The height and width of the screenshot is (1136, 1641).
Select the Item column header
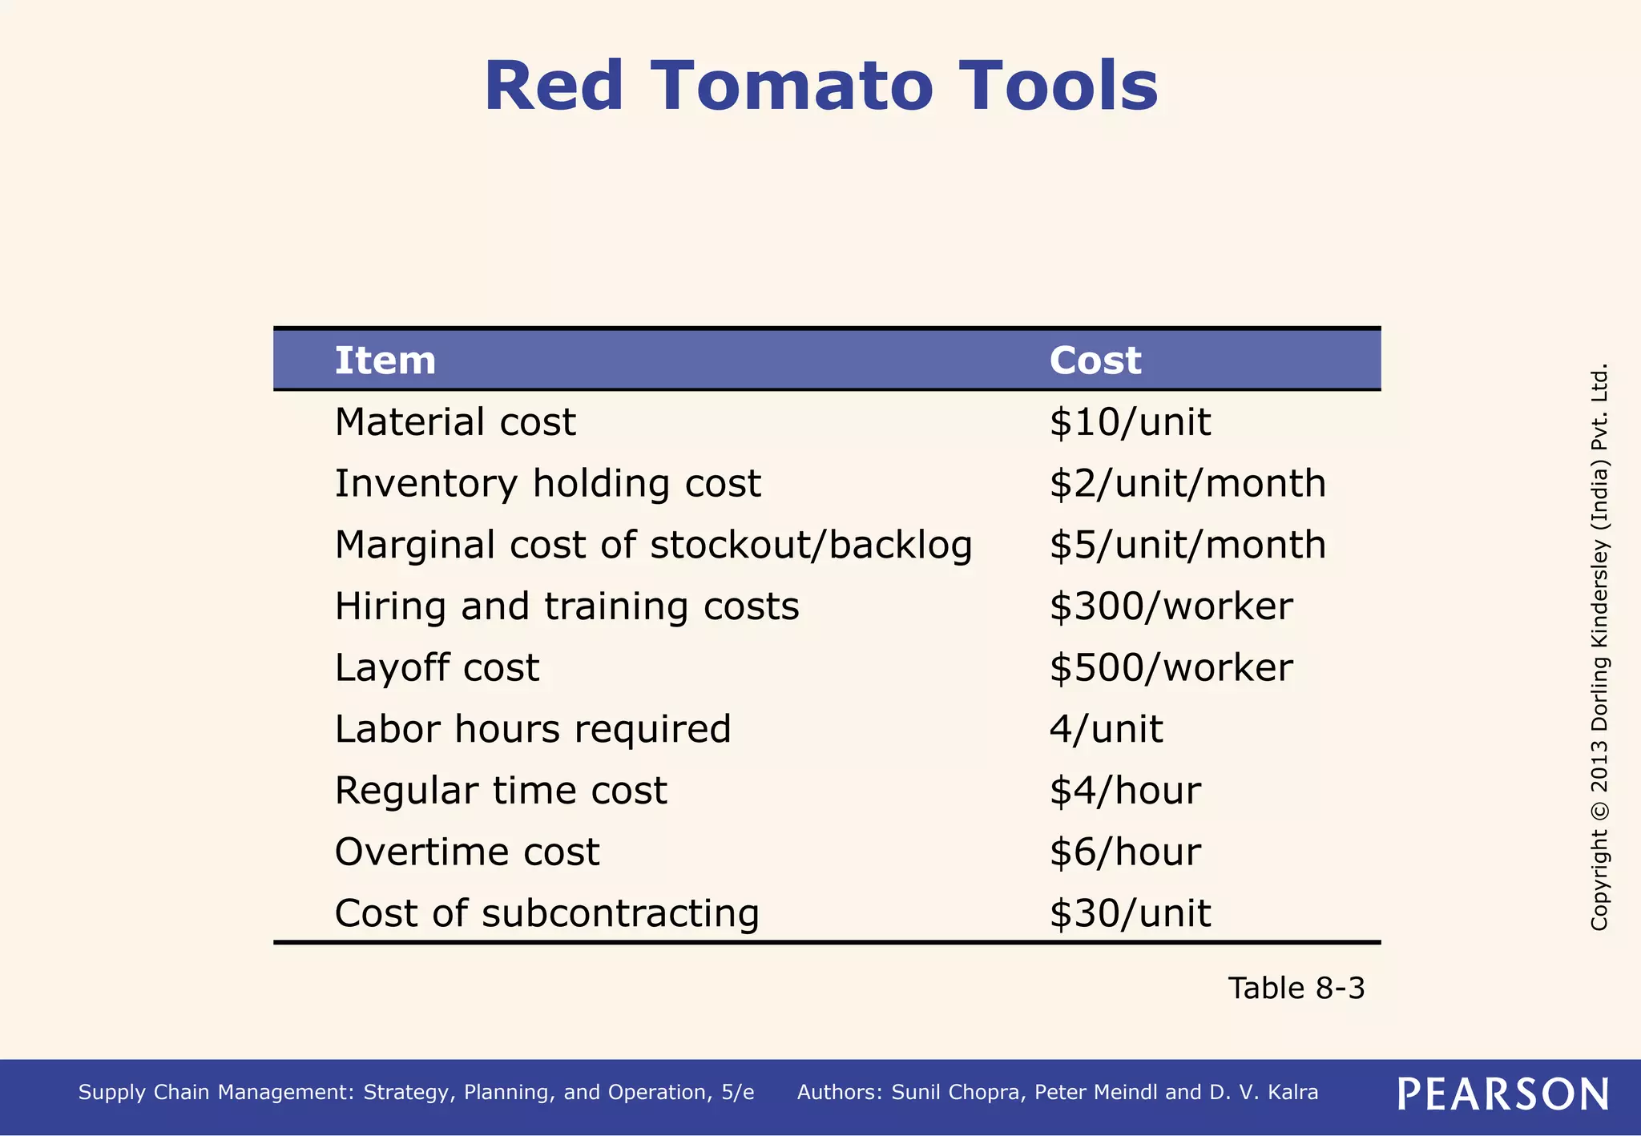coord(385,361)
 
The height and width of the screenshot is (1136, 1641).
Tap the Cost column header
coord(1095,361)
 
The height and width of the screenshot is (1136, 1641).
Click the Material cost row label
coord(454,422)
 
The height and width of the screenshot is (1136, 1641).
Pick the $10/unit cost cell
coord(1129,422)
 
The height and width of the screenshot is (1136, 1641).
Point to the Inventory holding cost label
coord(547,484)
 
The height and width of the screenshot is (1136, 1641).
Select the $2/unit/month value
coord(1187,484)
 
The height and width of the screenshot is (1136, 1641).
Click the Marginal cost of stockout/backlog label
coord(653,546)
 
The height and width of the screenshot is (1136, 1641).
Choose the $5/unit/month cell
coord(1187,546)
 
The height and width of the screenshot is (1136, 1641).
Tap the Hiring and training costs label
coord(566,606)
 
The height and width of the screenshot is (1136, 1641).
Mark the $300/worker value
coord(1170,606)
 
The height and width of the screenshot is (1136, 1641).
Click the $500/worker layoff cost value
coord(1170,668)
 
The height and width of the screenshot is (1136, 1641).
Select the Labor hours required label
coord(532,729)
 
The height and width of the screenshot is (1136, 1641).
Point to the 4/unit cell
coord(1106,729)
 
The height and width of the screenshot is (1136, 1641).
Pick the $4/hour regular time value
coord(1124,791)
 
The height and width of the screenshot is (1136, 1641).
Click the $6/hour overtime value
coord(1124,852)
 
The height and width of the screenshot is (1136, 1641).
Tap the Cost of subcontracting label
coord(546,913)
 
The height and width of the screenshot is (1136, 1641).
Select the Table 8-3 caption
coord(1296,989)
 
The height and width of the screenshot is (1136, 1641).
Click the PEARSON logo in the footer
coord(1502,1094)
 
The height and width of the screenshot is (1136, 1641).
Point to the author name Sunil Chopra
coord(958,1093)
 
